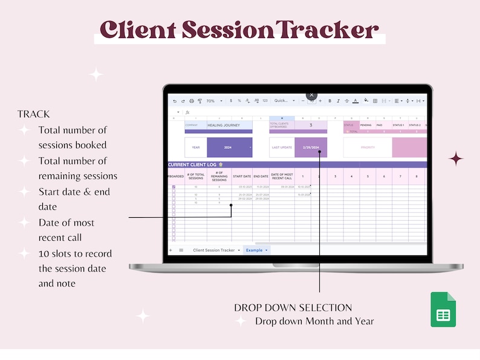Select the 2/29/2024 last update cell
[311, 147]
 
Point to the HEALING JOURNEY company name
[223, 125]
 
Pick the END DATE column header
[261, 176]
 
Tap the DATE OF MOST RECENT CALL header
[281, 176]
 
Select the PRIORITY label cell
[368, 147]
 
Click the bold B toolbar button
[329, 101]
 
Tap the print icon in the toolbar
[192, 101]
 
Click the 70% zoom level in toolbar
[210, 101]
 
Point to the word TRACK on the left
[34, 114]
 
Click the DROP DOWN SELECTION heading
[293, 307]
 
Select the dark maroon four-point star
[456, 159]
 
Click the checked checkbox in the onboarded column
[174, 187]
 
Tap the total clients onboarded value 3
[311, 125]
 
